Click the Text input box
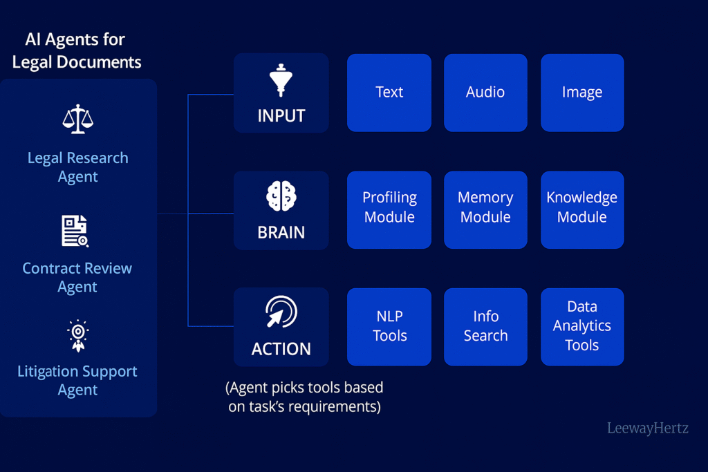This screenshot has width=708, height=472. (389, 93)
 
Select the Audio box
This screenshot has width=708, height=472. (485, 93)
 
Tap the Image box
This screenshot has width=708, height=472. (582, 93)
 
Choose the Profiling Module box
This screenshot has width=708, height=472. (389, 210)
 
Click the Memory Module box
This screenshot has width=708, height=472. (485, 210)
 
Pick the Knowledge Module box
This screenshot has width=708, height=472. (582, 210)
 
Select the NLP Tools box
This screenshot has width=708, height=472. (389, 327)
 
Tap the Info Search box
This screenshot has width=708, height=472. (485, 327)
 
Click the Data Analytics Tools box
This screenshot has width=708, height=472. (582, 327)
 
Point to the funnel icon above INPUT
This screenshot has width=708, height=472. (281, 80)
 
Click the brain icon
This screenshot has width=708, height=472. (281, 196)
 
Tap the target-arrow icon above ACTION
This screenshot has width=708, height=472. (281, 312)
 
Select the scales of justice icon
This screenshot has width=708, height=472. (78, 119)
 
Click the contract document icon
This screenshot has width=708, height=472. (75, 231)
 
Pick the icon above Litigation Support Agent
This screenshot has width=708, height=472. (78, 336)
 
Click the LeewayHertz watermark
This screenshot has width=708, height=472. (647, 428)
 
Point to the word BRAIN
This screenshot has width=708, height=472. (281, 233)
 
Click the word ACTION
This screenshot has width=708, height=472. (281, 349)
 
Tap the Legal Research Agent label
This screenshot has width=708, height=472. (78, 167)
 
